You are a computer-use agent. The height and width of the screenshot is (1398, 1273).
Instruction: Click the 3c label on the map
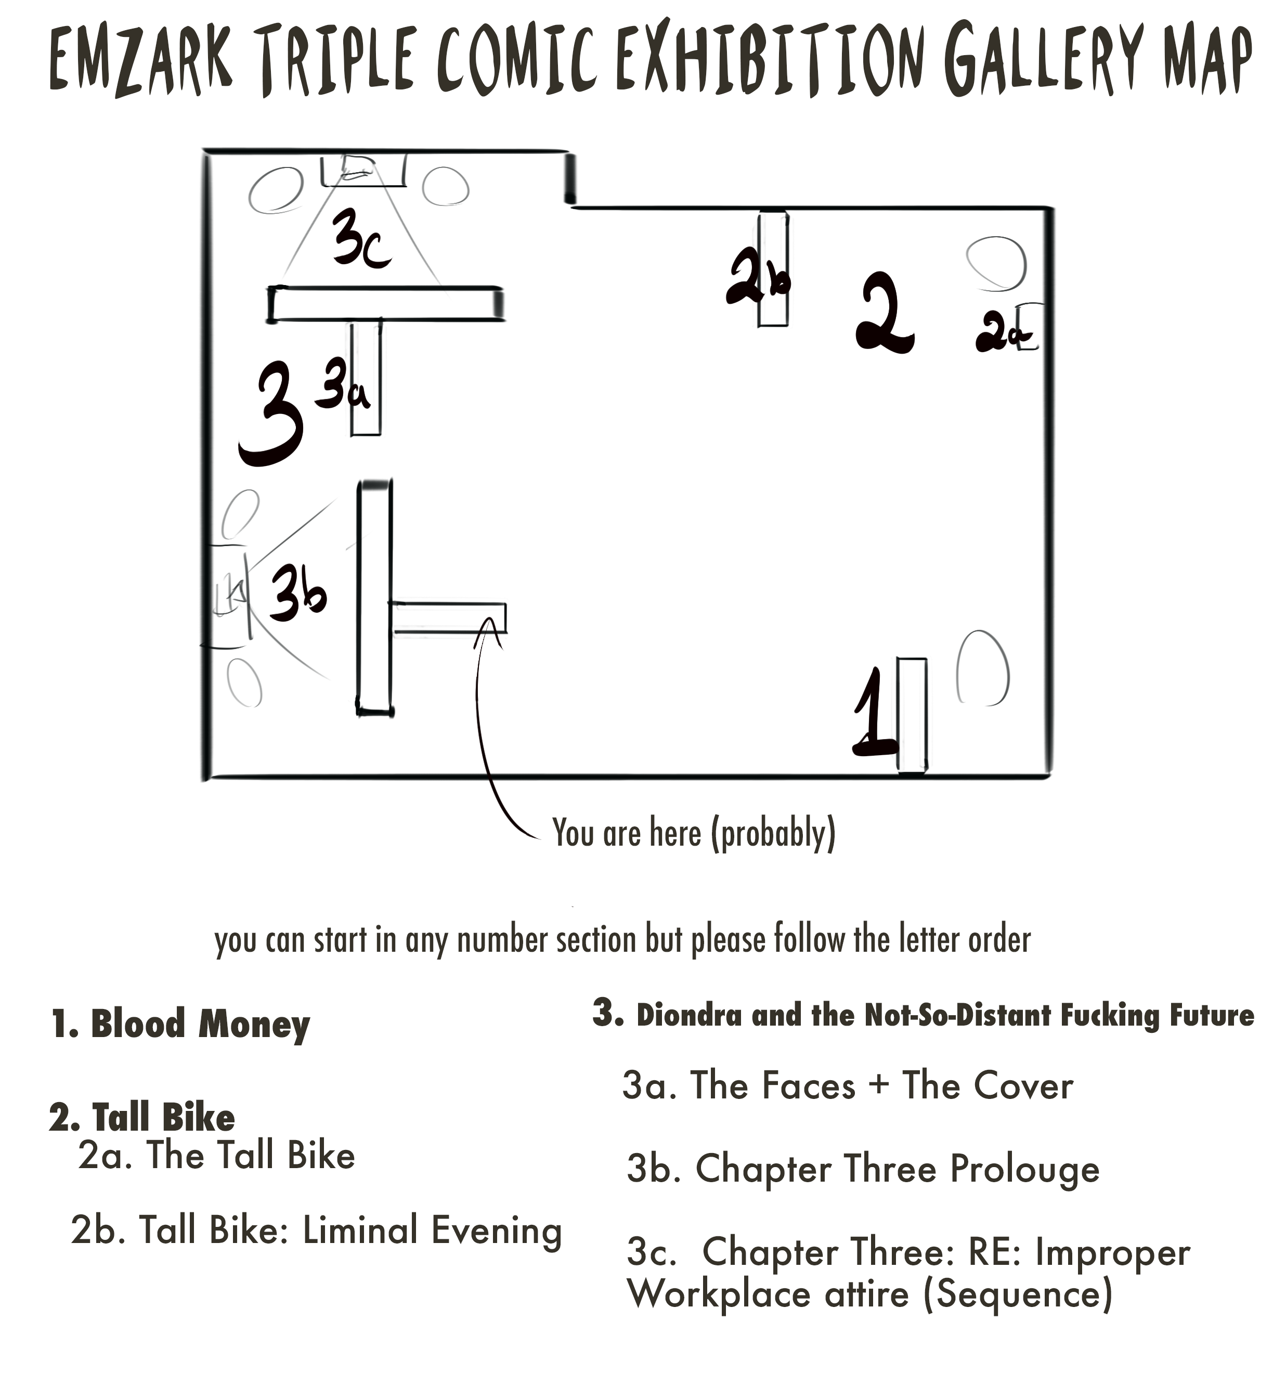coord(360,239)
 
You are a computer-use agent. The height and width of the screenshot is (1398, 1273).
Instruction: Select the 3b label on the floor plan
coord(297,592)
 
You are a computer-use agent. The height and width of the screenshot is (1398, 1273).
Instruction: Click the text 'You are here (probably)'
coord(693,833)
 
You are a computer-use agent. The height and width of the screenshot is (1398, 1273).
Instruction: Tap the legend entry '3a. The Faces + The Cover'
coord(847,1086)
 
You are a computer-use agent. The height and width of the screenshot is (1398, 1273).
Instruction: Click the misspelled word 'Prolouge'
coord(1024,1169)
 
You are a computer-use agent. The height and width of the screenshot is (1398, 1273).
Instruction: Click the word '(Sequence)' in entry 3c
coord(1017,1295)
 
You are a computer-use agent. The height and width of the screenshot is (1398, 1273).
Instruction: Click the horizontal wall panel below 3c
coord(385,304)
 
